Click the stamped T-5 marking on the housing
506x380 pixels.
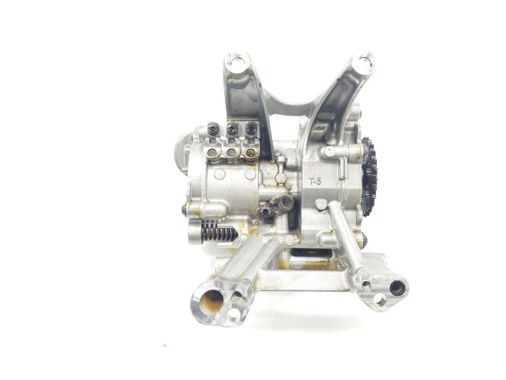click(x=315, y=182)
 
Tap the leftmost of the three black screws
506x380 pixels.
click(x=213, y=129)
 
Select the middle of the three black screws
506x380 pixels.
click(x=232, y=129)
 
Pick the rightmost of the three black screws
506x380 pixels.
click(x=251, y=129)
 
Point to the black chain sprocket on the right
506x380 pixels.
click(x=369, y=176)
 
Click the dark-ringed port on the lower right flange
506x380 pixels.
click(x=397, y=288)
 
